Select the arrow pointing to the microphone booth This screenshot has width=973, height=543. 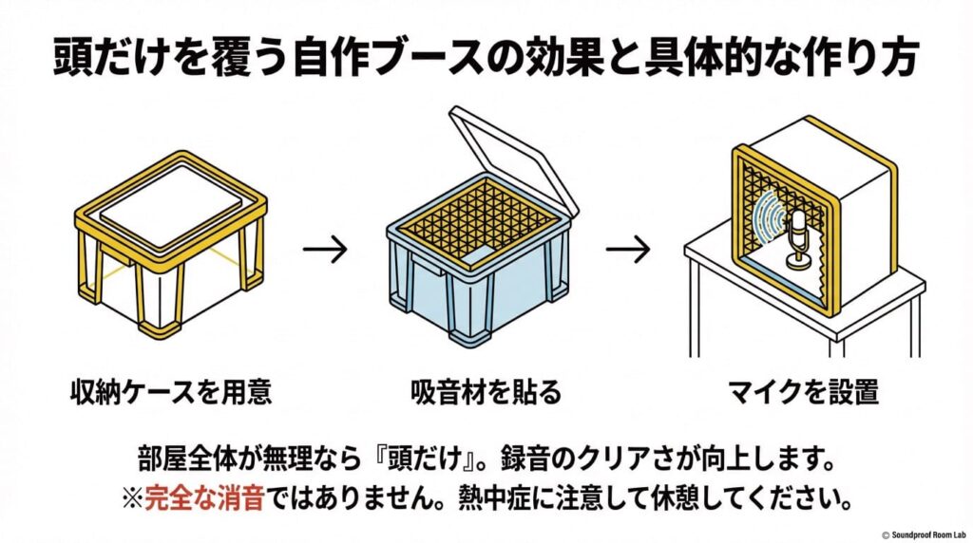click(x=627, y=250)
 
